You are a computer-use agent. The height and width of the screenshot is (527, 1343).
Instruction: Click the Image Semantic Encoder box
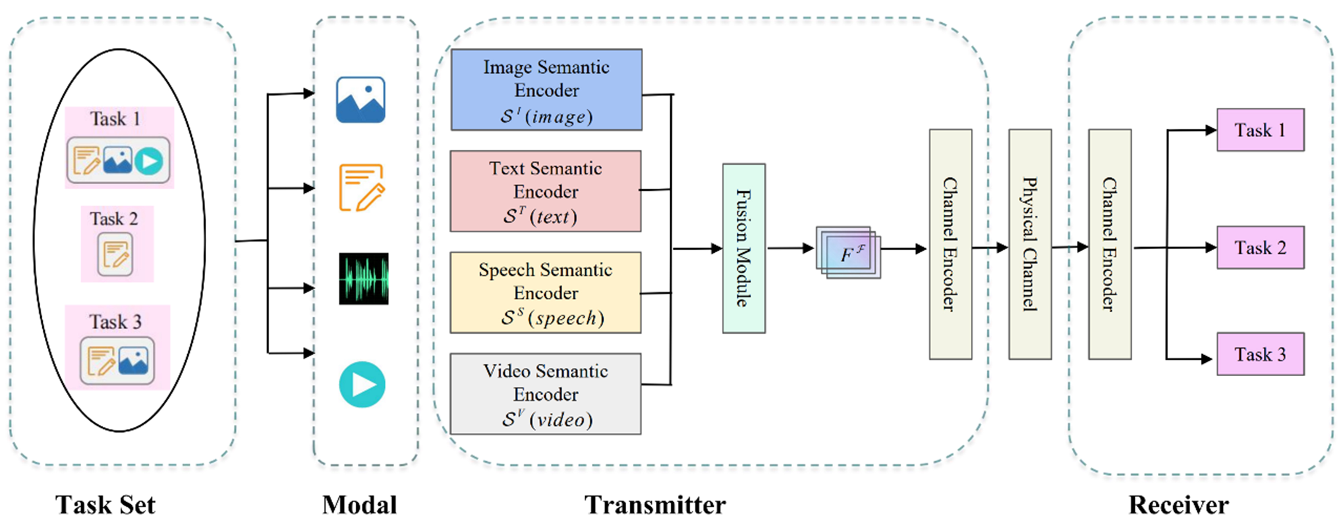click(x=546, y=90)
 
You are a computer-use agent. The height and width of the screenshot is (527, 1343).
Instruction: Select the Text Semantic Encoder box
click(x=545, y=191)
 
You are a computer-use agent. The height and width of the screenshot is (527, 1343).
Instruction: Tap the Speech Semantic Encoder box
click(x=545, y=292)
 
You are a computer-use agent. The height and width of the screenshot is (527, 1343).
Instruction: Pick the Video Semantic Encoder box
click(x=545, y=394)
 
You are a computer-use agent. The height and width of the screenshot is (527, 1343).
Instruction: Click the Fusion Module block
click(x=743, y=248)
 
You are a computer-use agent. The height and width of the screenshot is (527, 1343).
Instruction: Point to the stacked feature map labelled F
click(x=848, y=252)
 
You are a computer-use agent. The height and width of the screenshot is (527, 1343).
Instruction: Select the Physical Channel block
click(x=1030, y=244)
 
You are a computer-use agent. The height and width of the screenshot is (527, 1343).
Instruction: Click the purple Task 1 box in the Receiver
click(x=1260, y=130)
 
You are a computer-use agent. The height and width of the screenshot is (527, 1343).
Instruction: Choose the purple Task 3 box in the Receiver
click(x=1260, y=354)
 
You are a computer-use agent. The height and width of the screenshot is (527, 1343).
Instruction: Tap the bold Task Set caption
click(x=105, y=505)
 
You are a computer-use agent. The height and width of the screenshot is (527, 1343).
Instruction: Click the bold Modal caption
click(x=360, y=505)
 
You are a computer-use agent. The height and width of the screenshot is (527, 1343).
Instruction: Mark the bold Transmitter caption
click(x=655, y=505)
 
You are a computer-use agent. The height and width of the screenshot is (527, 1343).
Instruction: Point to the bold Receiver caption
click(x=1178, y=505)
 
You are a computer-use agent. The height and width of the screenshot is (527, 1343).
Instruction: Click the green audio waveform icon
click(x=363, y=278)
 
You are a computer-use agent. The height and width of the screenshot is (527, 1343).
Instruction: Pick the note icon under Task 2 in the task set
click(x=115, y=254)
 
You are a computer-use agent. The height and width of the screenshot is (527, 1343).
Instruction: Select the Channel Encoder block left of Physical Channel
click(x=950, y=244)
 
